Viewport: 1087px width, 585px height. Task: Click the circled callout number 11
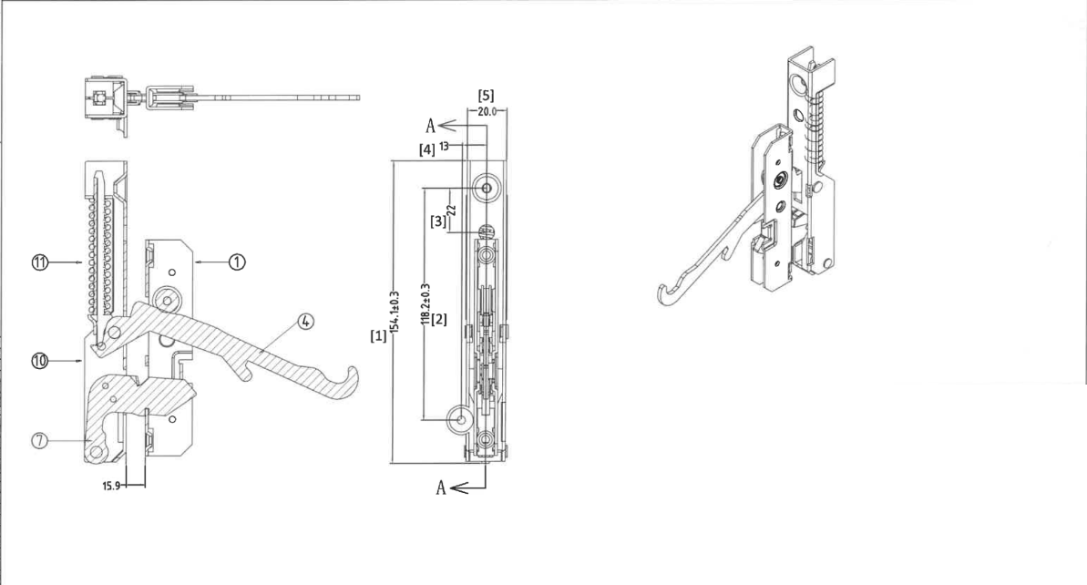(40, 262)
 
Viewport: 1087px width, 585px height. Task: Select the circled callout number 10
(40, 361)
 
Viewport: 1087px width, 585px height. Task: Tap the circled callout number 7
(40, 440)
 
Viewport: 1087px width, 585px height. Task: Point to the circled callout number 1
(237, 262)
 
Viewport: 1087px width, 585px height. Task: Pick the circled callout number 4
(306, 321)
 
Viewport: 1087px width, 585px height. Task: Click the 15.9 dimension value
(111, 486)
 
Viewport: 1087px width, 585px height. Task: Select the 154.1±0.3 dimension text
(395, 312)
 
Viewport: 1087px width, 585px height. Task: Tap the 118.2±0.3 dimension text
(425, 303)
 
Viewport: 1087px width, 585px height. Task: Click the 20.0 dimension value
(487, 111)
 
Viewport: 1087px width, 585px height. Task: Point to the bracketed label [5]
(486, 96)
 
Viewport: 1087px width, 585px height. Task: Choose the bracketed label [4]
(427, 149)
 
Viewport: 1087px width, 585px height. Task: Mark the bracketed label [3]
(438, 221)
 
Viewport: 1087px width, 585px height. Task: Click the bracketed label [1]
(378, 336)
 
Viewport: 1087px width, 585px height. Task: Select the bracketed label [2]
(439, 320)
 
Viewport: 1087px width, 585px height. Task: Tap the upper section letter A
(430, 126)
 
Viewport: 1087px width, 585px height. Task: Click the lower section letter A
(441, 488)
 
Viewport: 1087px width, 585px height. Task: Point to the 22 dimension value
(451, 210)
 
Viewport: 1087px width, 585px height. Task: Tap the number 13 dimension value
(444, 146)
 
